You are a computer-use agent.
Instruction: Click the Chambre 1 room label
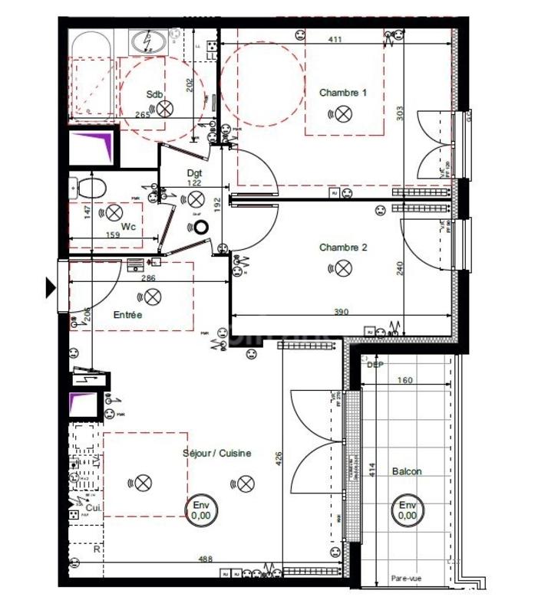point(343,93)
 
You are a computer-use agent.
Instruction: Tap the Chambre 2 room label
point(343,247)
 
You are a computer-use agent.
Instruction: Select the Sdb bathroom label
point(155,94)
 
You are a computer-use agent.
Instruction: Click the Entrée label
point(127,314)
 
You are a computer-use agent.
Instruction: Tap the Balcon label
point(406,472)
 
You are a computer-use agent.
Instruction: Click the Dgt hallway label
point(194,173)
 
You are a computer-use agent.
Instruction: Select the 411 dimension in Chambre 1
point(335,39)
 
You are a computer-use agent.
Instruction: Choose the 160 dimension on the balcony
point(405,380)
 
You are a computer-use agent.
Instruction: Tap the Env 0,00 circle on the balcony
point(406,510)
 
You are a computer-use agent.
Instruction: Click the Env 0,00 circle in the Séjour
point(201,510)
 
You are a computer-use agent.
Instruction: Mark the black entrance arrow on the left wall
point(51,287)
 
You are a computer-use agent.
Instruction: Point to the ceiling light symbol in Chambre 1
point(343,114)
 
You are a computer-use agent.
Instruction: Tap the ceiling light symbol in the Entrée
point(154,296)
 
